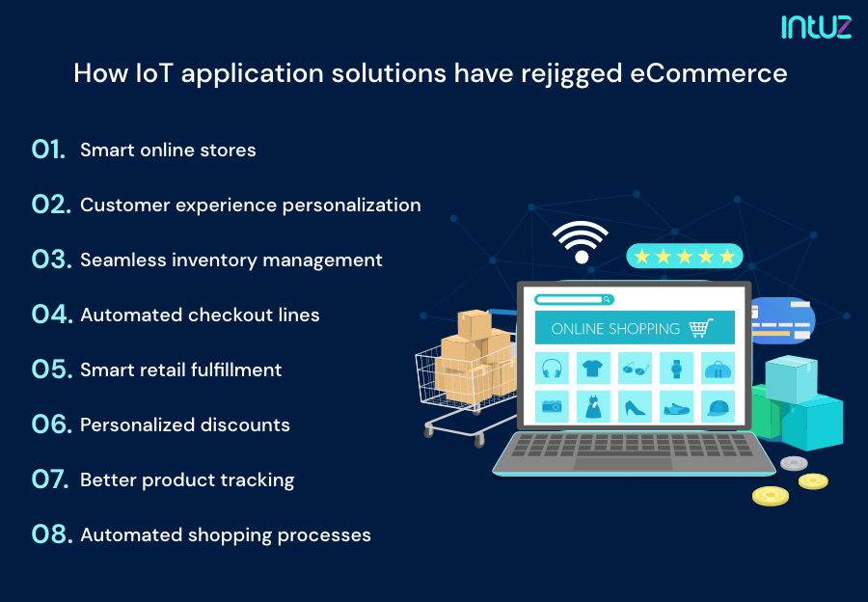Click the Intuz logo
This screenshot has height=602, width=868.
pyautogui.click(x=816, y=26)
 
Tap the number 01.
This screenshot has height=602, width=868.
pyautogui.click(x=48, y=150)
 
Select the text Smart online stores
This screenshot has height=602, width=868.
pyautogui.click(x=168, y=150)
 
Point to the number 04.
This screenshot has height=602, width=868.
pyautogui.click(x=51, y=315)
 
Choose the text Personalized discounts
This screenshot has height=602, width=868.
pyautogui.click(x=185, y=424)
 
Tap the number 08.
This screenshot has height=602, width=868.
pyautogui.click(x=51, y=534)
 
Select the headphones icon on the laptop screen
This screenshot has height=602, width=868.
pyautogui.click(x=553, y=369)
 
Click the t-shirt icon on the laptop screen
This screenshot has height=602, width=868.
pyautogui.click(x=593, y=369)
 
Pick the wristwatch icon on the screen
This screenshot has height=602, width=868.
pyautogui.click(x=676, y=369)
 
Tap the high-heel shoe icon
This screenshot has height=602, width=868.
pyautogui.click(x=635, y=406)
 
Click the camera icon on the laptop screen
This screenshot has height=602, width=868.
pyautogui.click(x=553, y=406)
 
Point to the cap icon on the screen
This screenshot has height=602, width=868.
pyautogui.click(x=718, y=406)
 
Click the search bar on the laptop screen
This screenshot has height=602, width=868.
pyautogui.click(x=575, y=300)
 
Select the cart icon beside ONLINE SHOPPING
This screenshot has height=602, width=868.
pyautogui.click(x=701, y=328)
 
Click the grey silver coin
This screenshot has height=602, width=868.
pyautogui.click(x=794, y=463)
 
